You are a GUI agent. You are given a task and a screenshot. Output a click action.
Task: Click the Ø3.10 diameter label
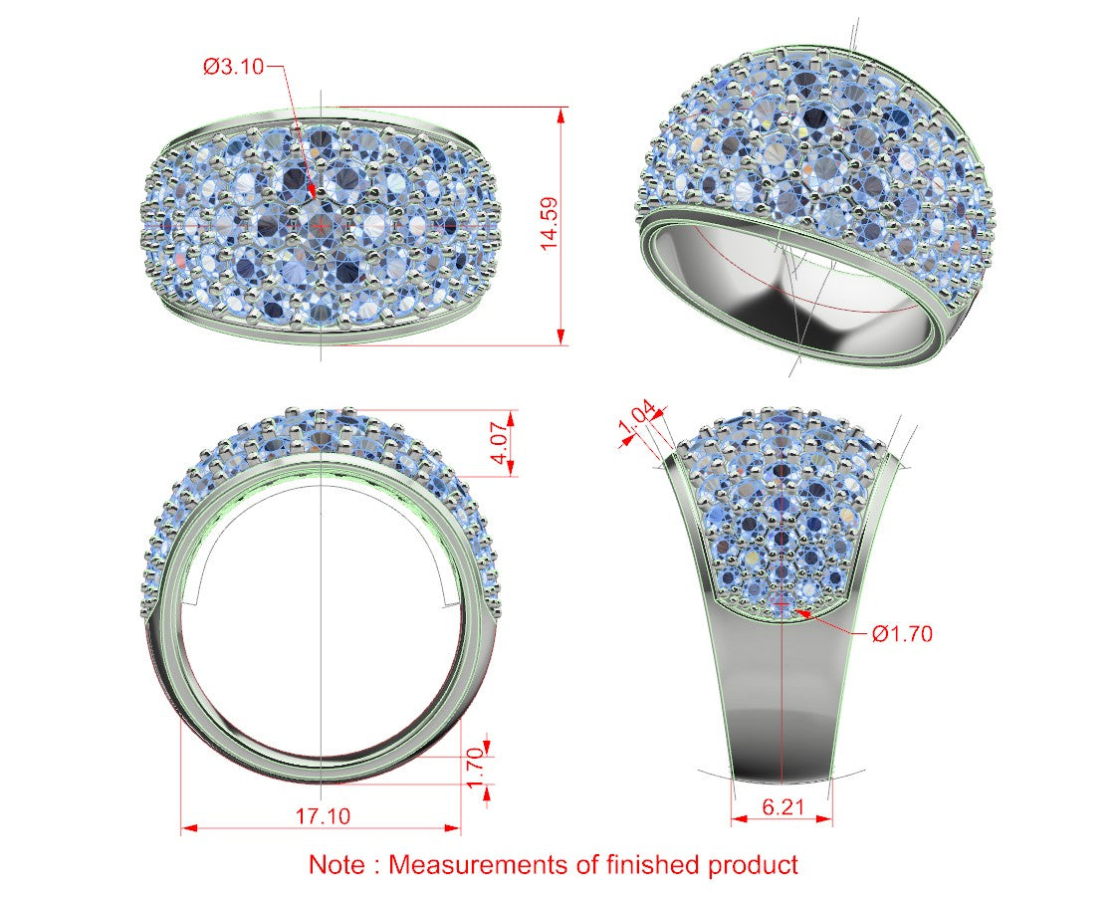click(x=233, y=67)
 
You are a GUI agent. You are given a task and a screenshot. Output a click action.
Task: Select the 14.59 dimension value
click(x=549, y=223)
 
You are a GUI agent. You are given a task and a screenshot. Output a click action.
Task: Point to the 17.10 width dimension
click(x=323, y=815)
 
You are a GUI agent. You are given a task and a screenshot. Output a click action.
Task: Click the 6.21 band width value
click(x=783, y=806)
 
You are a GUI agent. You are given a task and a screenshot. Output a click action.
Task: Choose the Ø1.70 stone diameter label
click(x=902, y=633)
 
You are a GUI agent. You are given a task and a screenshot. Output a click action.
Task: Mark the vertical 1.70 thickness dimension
click(x=476, y=769)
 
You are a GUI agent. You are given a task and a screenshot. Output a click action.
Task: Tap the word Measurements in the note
click(x=479, y=864)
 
